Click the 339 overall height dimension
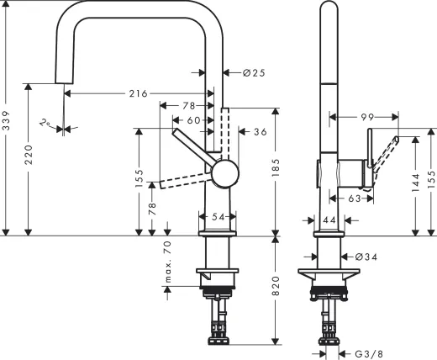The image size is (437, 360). click(7, 123)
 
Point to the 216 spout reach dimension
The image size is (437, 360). click(140, 94)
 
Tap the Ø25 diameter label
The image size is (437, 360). click(253, 73)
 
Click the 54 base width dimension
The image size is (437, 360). click(218, 217)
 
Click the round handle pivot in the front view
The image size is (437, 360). click(225, 174)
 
